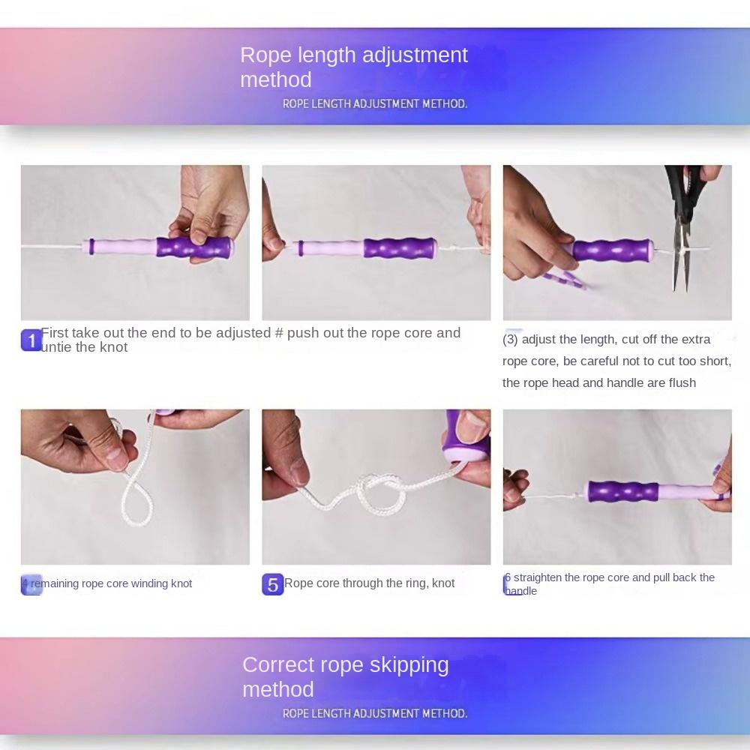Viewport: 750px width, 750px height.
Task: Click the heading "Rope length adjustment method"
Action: pos(353,67)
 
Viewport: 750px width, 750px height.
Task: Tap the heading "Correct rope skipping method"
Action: pos(345,676)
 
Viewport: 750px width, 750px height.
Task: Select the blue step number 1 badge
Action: pos(31,341)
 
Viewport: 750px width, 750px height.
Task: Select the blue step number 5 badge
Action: pos(272,584)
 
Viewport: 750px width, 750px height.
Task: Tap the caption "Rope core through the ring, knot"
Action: pos(369,583)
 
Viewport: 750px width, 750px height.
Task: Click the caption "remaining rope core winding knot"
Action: pos(111,583)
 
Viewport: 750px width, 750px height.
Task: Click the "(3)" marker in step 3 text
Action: pos(510,340)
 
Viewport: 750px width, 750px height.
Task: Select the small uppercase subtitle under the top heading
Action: pos(374,104)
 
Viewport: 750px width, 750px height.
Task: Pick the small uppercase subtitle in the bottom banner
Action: pos(374,714)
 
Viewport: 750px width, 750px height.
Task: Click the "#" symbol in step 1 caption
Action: pos(279,333)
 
